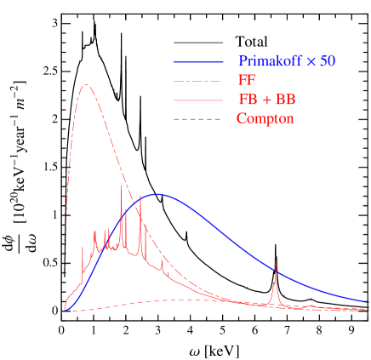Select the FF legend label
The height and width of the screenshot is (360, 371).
[x=246, y=81]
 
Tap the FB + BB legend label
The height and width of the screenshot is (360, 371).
[x=267, y=100]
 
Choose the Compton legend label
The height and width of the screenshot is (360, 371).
[x=265, y=119]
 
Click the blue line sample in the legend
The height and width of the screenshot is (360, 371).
[x=199, y=62]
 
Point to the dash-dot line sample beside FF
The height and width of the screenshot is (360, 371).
[x=199, y=81]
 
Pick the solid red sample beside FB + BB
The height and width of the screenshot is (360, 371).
[x=199, y=100]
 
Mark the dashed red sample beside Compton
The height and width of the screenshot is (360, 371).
[x=199, y=119]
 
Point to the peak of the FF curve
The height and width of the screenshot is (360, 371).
[x=86, y=85]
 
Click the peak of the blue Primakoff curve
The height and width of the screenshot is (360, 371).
[x=157, y=194]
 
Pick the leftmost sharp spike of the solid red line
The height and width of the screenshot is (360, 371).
[x=83, y=249]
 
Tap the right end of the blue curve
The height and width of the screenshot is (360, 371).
[x=364, y=301]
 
